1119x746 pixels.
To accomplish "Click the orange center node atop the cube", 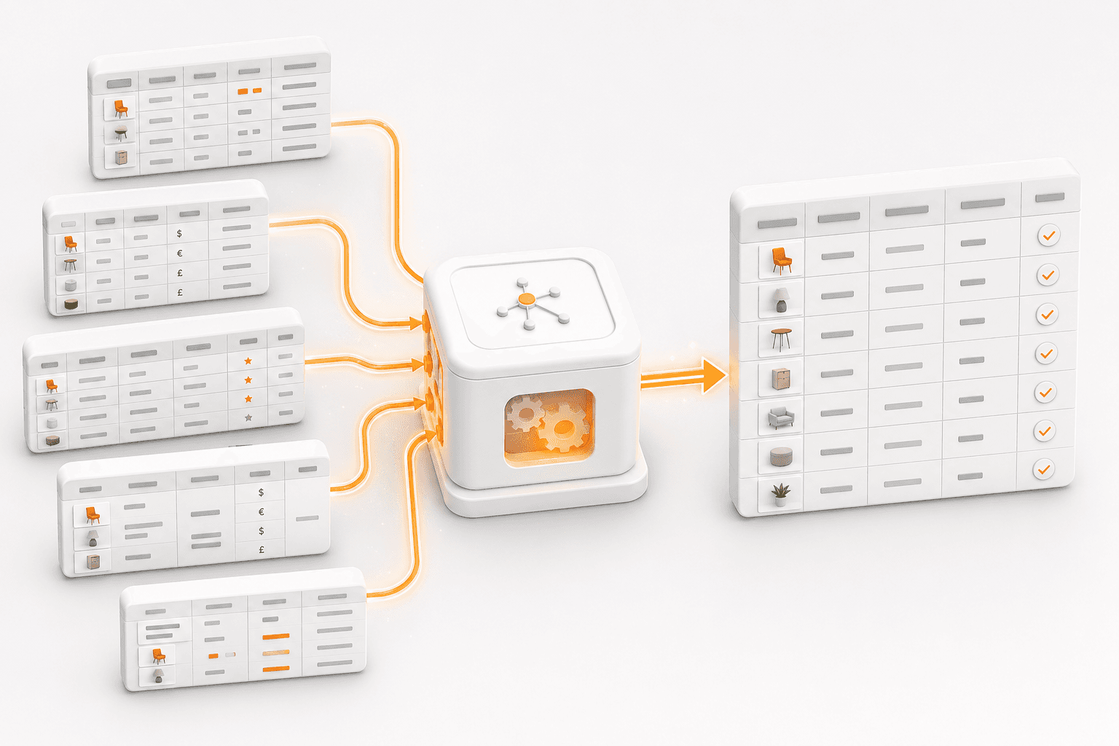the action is coord(526,299).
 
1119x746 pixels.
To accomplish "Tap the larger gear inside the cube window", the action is coord(564,427).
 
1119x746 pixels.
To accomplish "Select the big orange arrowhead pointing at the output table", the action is coord(714,375).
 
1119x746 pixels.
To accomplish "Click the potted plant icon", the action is coord(780,495).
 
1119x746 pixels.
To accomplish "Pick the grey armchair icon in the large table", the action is coord(781,417).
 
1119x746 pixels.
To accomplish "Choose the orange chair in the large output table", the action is coord(781,261).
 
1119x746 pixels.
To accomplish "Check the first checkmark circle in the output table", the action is coord(1048,235).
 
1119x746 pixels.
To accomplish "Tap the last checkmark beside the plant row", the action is coord(1043,469).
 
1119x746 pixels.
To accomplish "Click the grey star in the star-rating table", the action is coord(248,417).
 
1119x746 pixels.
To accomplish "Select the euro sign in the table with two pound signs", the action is coord(180,253).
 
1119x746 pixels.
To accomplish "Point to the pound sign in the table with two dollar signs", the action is coord(262,549).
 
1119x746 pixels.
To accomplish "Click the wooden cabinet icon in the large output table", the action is coord(780,379).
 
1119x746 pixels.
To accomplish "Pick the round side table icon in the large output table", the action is coord(781,339).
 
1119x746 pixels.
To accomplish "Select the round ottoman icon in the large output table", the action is coord(781,456).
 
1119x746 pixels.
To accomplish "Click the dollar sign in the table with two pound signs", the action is coord(179,233).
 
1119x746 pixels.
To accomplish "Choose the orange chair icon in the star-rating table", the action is coord(51,385).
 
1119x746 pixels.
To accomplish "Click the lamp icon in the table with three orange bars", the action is coord(158,675).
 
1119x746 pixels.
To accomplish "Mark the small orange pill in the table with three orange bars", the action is coord(213,656).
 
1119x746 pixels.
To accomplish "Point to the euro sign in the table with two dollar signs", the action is coord(262,511).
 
